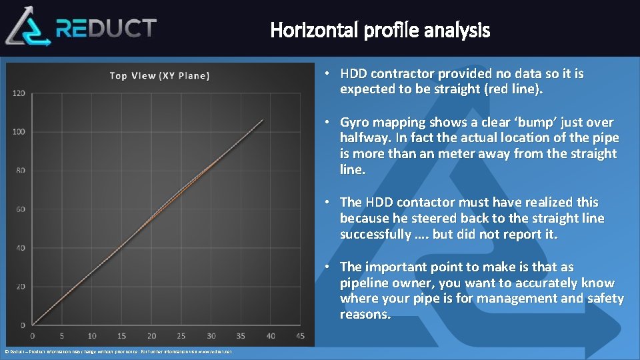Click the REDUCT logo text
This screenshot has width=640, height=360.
[x=107, y=28]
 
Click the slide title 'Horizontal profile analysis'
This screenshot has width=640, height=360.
[x=380, y=30]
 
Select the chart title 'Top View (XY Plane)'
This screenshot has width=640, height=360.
[x=159, y=75]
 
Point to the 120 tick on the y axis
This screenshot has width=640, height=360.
[x=19, y=93]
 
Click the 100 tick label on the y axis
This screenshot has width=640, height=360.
[x=19, y=131]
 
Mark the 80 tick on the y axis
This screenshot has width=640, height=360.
[x=20, y=170]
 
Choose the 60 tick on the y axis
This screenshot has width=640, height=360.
[x=20, y=209]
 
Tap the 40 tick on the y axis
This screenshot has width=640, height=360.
[x=20, y=248]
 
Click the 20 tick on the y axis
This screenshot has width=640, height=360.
[x=20, y=287]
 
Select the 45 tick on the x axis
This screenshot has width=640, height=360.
[x=300, y=335]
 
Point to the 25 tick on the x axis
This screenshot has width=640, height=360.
[x=181, y=335]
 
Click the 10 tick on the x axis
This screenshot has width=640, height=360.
[x=92, y=335]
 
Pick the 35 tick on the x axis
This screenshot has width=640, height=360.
[x=241, y=335]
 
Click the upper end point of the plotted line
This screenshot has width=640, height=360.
[x=263, y=120]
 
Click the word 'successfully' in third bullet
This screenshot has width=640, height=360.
[x=375, y=235]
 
